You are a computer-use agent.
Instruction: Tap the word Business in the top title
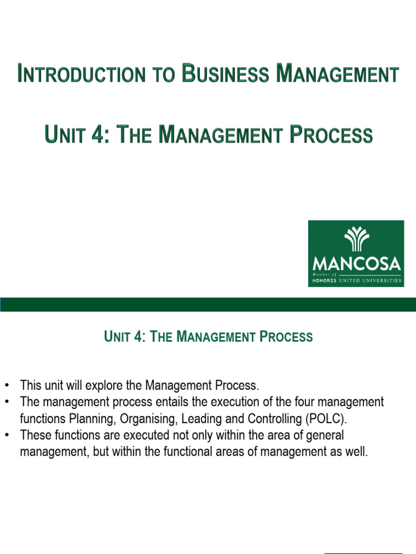tap(225, 74)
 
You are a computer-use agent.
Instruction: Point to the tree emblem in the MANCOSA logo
tap(356, 239)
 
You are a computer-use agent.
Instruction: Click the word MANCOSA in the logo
tap(356, 265)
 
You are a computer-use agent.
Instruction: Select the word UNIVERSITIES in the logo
tap(381, 280)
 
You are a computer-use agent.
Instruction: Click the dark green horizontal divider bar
tap(208, 304)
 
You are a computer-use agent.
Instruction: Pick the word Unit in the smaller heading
tap(115, 337)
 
